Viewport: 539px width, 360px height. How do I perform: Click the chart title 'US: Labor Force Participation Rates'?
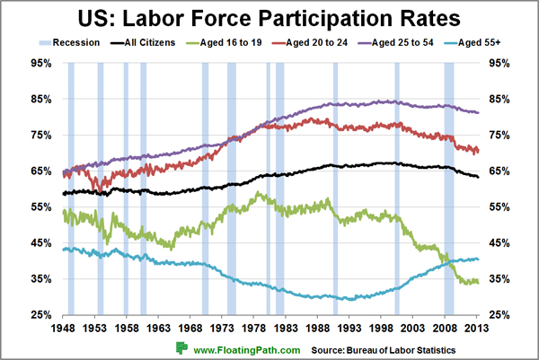coord(269,18)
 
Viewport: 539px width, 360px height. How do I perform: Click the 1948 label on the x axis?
coord(63,329)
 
